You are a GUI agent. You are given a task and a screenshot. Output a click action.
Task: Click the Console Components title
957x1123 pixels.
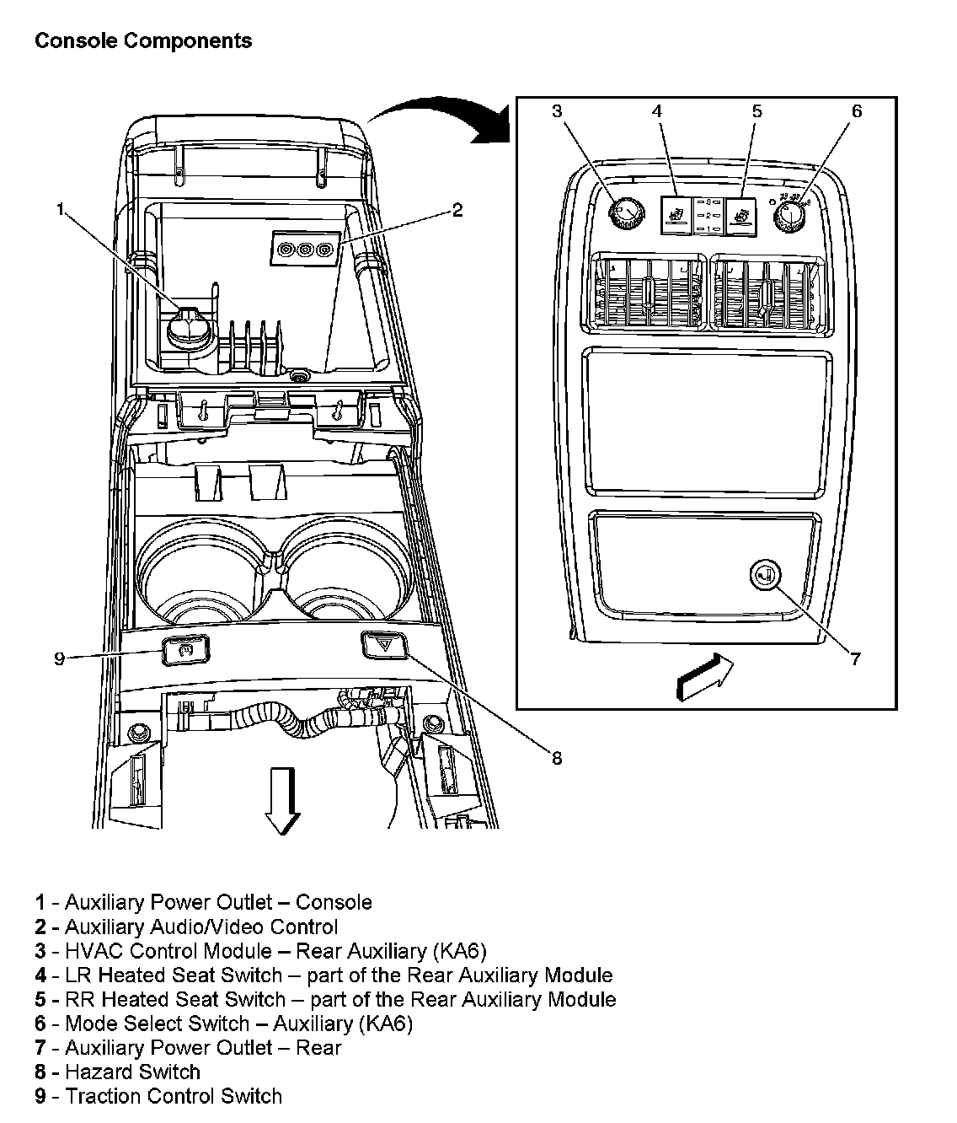[142, 40]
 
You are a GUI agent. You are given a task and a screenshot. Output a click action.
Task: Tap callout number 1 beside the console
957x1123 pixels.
[60, 210]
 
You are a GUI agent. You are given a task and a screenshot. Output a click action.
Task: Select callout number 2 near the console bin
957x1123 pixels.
[457, 210]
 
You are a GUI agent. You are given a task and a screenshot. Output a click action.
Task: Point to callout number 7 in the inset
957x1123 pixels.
[856, 659]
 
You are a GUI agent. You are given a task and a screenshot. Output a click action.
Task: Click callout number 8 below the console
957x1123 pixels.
[557, 758]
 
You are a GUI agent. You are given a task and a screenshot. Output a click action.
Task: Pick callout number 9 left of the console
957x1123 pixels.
[59, 658]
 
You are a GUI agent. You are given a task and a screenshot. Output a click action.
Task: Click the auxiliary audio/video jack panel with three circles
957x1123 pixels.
[305, 250]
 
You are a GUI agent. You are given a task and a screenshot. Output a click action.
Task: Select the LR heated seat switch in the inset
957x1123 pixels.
[675, 215]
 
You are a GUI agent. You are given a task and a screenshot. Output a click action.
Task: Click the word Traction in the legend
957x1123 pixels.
[102, 1096]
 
